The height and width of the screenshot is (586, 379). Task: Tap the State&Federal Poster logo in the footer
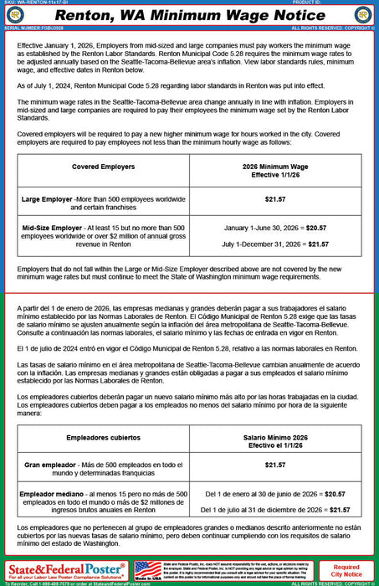65,569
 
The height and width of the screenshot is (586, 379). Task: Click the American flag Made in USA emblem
148,570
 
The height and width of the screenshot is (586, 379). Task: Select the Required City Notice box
347,570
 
